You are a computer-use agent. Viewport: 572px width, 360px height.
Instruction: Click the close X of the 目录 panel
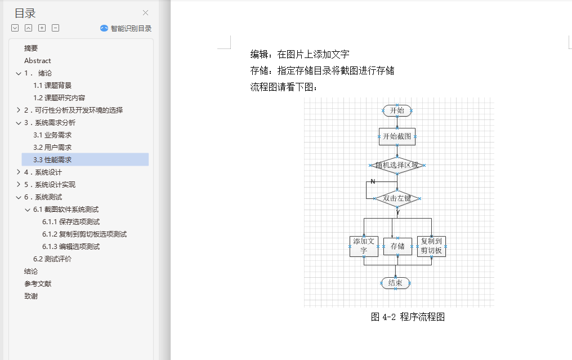[145, 13]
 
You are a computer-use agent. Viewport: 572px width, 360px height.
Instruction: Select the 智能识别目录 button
[126, 28]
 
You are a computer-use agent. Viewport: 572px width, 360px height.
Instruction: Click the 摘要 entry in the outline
[31, 48]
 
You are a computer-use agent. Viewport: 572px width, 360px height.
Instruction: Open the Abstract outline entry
[37, 61]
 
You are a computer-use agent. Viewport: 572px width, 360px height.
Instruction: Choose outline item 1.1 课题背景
[52, 86]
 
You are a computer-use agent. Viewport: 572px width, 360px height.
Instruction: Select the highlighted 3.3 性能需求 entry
[52, 160]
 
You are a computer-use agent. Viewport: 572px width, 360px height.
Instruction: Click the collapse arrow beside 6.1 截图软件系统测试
[28, 210]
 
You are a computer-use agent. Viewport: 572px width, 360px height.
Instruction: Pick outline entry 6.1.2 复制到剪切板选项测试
[84, 234]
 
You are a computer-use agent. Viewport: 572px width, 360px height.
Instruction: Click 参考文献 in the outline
[38, 284]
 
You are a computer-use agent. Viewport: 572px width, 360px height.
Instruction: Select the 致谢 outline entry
[31, 296]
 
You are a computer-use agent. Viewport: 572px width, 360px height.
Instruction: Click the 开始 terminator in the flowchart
[397, 110]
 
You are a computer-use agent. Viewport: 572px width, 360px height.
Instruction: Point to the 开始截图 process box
[397, 136]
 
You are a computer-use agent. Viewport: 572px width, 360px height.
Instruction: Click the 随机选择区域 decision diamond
[397, 165]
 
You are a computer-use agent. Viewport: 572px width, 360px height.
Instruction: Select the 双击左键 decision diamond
[397, 198]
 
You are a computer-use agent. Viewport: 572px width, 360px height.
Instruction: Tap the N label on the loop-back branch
[373, 181]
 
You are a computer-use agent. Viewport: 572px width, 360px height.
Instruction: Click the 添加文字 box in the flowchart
[364, 246]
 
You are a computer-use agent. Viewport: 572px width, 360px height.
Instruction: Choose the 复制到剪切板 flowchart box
[431, 246]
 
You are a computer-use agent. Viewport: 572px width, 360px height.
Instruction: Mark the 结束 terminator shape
[395, 283]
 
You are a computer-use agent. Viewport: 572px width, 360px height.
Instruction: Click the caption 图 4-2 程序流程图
[408, 317]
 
